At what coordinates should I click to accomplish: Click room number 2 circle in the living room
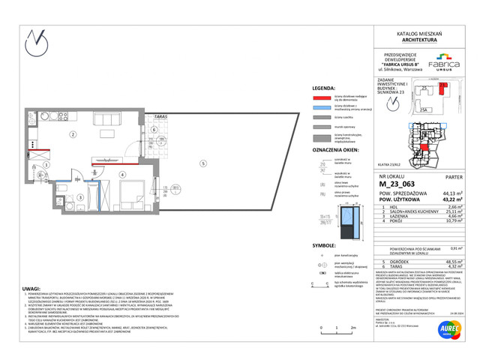pos(73,135)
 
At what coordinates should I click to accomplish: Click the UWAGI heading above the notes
pos(30,287)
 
